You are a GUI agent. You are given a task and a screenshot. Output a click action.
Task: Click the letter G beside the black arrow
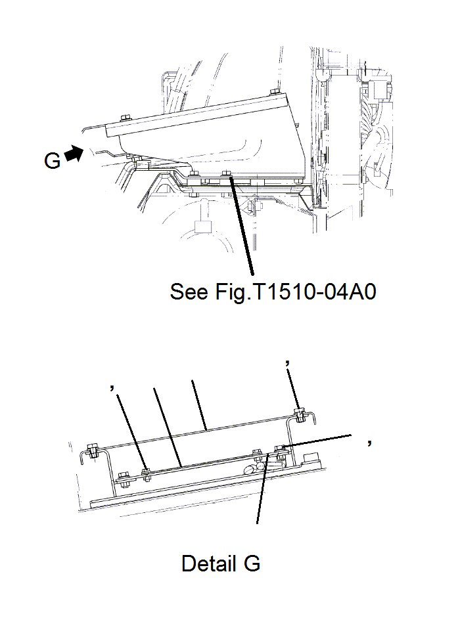tap(53, 159)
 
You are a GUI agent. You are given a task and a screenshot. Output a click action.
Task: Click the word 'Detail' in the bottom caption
tap(208, 563)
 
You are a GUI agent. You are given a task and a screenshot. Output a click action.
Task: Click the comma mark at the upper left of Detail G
tap(113, 388)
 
